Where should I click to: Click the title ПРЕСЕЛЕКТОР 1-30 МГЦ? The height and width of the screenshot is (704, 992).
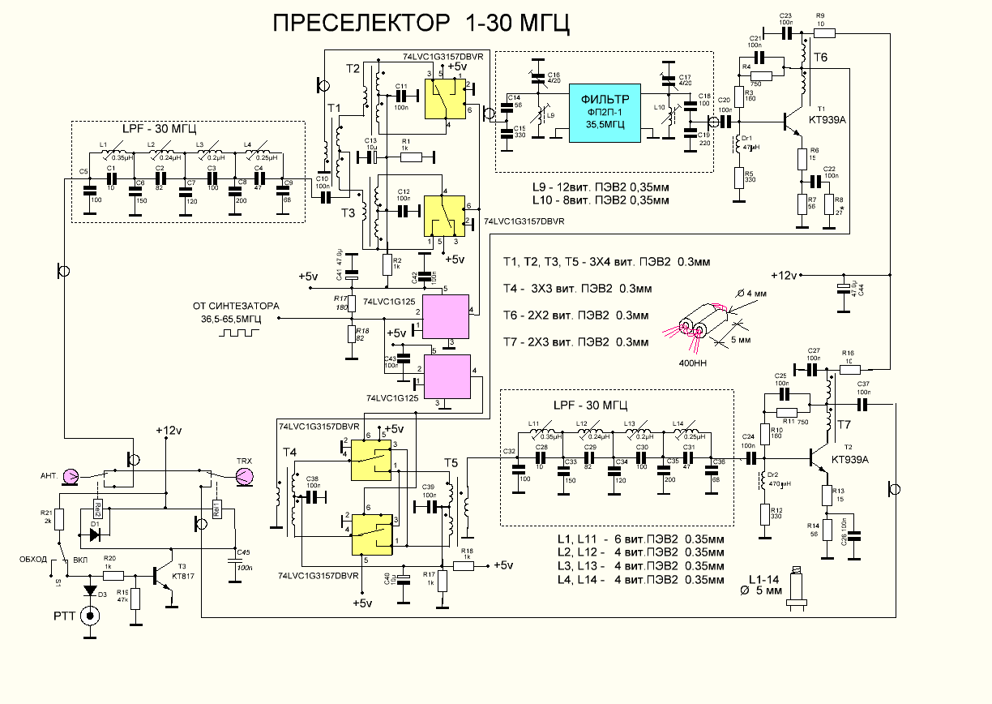click(x=421, y=24)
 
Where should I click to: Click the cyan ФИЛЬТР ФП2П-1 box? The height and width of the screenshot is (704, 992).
click(x=605, y=112)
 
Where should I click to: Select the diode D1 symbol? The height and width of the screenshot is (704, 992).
click(x=96, y=534)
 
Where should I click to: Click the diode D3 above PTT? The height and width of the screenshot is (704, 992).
click(x=90, y=590)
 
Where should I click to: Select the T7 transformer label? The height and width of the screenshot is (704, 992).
click(x=844, y=425)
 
